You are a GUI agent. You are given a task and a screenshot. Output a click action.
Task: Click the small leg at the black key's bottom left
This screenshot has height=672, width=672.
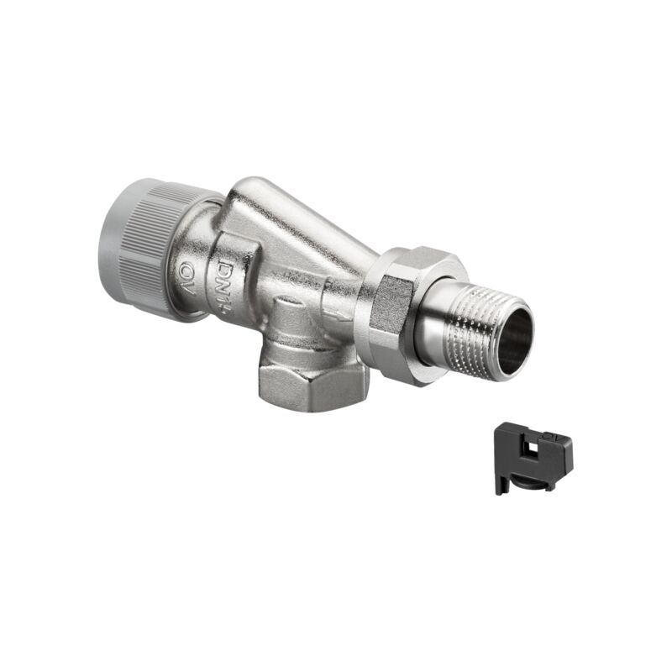(501, 486)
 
